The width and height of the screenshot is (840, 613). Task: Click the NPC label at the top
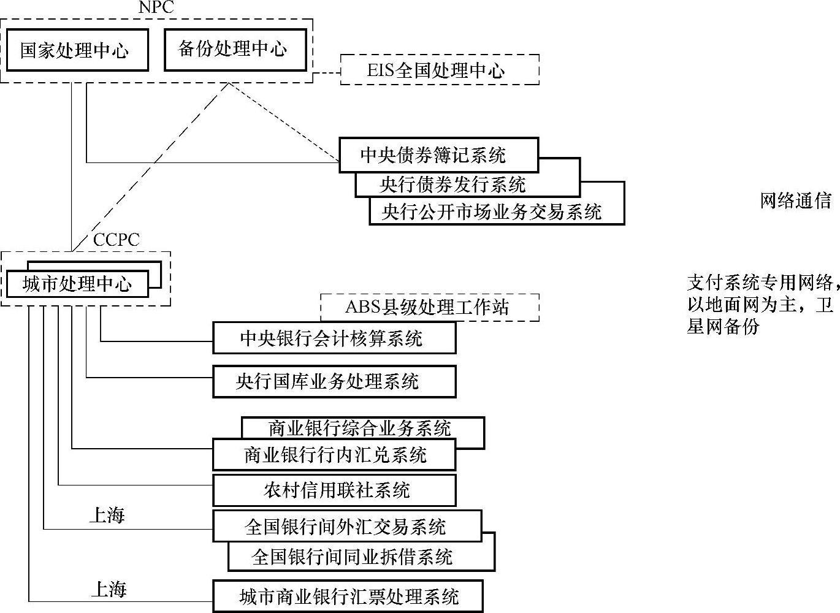tap(156, 7)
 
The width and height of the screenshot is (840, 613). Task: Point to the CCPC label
tap(116, 240)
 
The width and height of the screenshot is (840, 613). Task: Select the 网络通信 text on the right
tap(795, 201)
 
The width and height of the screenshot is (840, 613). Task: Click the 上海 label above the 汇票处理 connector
tap(109, 589)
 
